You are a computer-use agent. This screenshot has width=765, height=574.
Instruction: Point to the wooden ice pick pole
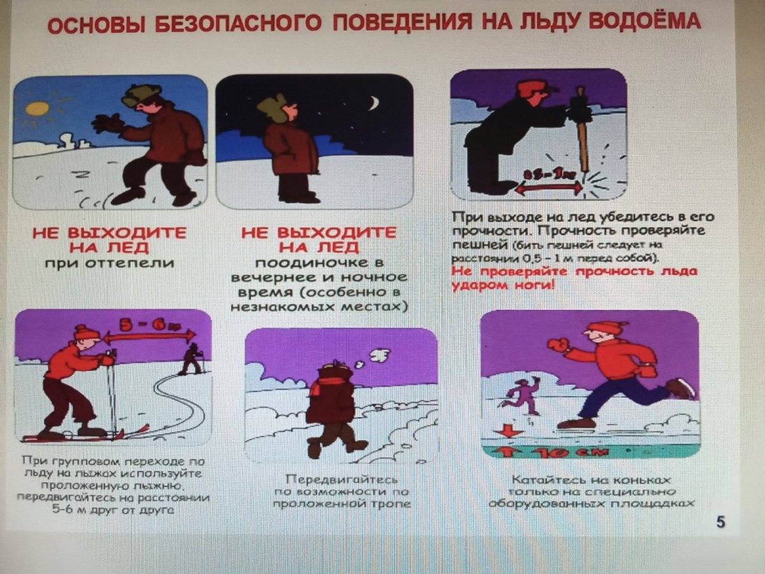click(x=582, y=134)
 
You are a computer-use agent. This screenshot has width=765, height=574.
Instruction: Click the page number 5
click(x=720, y=522)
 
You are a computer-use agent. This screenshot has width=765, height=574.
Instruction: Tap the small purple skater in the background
click(x=520, y=392)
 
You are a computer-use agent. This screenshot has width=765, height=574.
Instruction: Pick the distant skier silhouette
click(x=191, y=358)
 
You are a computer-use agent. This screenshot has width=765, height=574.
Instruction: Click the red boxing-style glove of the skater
click(x=557, y=345)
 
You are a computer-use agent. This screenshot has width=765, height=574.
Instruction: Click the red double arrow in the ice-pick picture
click(x=549, y=187)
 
